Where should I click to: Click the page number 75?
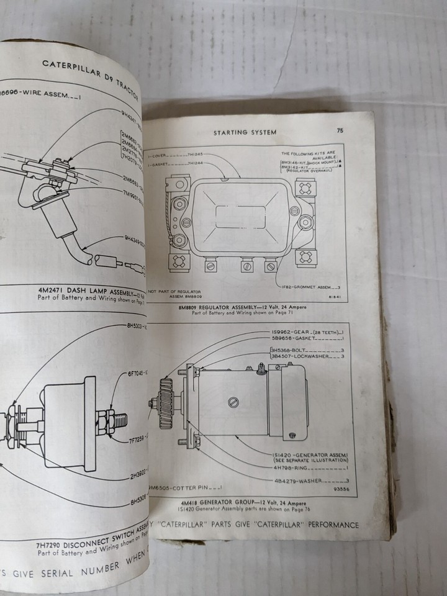340,131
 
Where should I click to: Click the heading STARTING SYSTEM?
245,132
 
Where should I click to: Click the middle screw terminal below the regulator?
245,266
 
